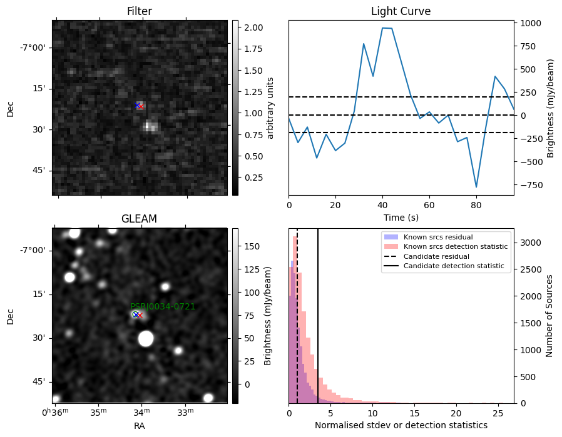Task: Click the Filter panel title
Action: click(x=140, y=11)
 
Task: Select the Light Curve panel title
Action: click(x=401, y=11)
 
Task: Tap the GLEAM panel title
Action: click(x=139, y=219)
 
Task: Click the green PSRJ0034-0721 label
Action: click(x=163, y=306)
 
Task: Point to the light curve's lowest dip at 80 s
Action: click(x=476, y=187)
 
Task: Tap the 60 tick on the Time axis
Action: click(x=429, y=205)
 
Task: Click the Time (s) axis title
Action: click(x=401, y=218)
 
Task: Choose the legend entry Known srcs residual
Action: click(x=438, y=237)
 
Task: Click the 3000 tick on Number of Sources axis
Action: click(x=531, y=243)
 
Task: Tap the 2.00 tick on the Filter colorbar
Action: click(x=253, y=28)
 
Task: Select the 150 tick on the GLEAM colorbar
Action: click(x=252, y=246)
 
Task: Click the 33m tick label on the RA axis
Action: click(x=186, y=412)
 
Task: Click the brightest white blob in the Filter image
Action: click(x=150, y=126)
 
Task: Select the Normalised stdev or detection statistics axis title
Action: click(x=401, y=425)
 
